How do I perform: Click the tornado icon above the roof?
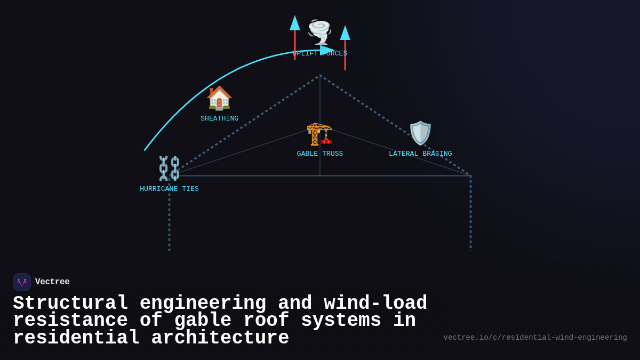coord(319,32)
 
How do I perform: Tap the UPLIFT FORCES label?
coord(319,54)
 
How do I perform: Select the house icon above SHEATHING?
coord(219,98)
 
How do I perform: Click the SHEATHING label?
coord(219,118)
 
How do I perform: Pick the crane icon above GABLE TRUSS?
coord(319,133)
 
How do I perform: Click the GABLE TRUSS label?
coord(319,154)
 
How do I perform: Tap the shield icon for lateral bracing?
coord(420,133)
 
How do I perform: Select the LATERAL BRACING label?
coord(420,154)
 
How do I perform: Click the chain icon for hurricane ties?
coord(169,168)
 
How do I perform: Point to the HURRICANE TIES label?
coord(169,189)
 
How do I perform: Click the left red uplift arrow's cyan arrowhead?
coord(294,23)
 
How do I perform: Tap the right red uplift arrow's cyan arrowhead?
coord(345,33)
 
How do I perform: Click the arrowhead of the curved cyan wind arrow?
coord(327,50)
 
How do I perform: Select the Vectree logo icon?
coord(22,282)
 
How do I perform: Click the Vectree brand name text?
coord(52,282)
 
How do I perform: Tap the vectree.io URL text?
coord(535,338)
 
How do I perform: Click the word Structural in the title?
coord(70,303)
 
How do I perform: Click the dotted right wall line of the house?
coord(470,213)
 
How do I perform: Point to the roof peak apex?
coord(320,76)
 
